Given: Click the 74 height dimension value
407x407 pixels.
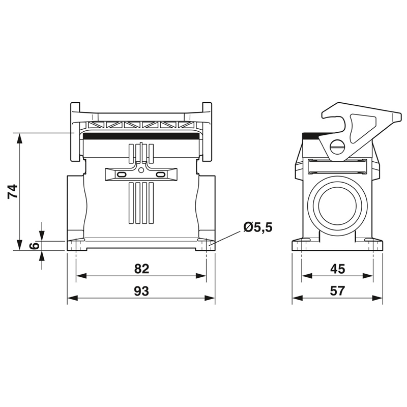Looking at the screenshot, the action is pyautogui.click(x=12, y=192).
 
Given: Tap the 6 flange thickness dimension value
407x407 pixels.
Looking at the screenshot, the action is pyautogui.click(x=34, y=246).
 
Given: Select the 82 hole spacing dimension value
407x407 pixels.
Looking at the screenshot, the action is pyautogui.click(x=142, y=269).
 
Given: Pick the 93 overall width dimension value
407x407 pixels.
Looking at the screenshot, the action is pyautogui.click(x=141, y=291).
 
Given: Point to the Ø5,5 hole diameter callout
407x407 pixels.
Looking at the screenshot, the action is pyautogui.click(x=258, y=227).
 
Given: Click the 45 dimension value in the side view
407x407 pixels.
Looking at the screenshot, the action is pyautogui.click(x=337, y=269).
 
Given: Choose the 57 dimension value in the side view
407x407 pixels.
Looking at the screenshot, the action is pyautogui.click(x=337, y=291).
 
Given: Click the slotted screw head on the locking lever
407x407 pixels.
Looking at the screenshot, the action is pyautogui.click(x=337, y=148).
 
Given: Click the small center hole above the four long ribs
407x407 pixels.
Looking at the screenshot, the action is pyautogui.click(x=141, y=170).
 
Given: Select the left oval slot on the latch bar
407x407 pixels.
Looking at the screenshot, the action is pyautogui.click(x=121, y=175).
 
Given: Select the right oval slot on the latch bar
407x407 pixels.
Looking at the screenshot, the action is pyautogui.click(x=161, y=175).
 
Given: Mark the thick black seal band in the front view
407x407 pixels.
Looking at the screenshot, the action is pyautogui.click(x=141, y=136).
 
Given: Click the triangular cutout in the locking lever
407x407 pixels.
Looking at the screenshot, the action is pyautogui.click(x=362, y=128).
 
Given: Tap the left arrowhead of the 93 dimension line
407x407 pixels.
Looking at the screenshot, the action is pyautogui.click(x=73, y=298).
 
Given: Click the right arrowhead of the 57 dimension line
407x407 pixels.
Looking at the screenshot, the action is pyautogui.click(x=377, y=298).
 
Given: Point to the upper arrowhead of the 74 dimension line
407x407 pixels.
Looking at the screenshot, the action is pyautogui.click(x=19, y=138).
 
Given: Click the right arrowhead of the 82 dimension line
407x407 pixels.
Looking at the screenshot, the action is pyautogui.click(x=201, y=276).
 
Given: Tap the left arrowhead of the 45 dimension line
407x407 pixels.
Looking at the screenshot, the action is pyautogui.click(x=307, y=276).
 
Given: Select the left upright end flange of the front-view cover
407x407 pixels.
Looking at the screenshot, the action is pyautogui.click(x=75, y=132).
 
